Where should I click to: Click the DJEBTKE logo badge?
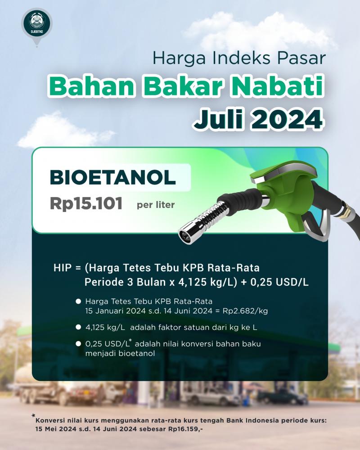(x=36, y=25)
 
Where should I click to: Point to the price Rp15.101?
(x=86, y=204)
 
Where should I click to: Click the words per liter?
(x=156, y=205)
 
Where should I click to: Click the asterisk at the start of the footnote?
(x=33, y=416)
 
